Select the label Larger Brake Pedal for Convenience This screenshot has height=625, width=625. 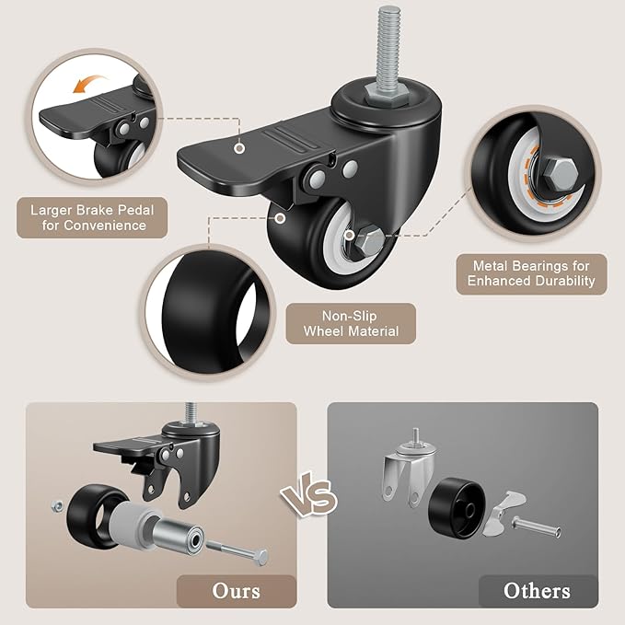tap(92, 217)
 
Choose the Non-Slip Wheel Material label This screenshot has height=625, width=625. tap(351, 324)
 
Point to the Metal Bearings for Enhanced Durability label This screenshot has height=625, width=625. tap(531, 273)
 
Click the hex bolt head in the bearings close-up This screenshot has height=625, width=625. tap(560, 174)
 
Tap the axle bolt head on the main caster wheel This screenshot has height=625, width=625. tap(369, 240)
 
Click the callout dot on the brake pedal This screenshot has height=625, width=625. tap(239, 148)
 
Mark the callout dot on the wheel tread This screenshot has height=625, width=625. tap(281, 218)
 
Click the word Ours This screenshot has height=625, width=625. tap(237, 591)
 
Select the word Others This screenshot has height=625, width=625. tap(537, 591)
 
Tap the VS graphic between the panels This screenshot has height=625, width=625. tap(308, 494)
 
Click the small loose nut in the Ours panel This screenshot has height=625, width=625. tap(57, 506)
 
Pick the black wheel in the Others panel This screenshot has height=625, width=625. tap(457, 508)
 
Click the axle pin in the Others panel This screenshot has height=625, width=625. tap(536, 527)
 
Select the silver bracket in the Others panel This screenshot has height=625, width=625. tap(408, 467)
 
